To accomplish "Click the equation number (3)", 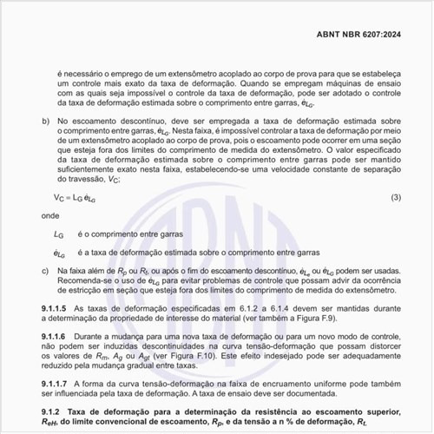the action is point(395,198).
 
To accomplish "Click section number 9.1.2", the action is point(50,410).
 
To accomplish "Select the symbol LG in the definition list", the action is point(59,234).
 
